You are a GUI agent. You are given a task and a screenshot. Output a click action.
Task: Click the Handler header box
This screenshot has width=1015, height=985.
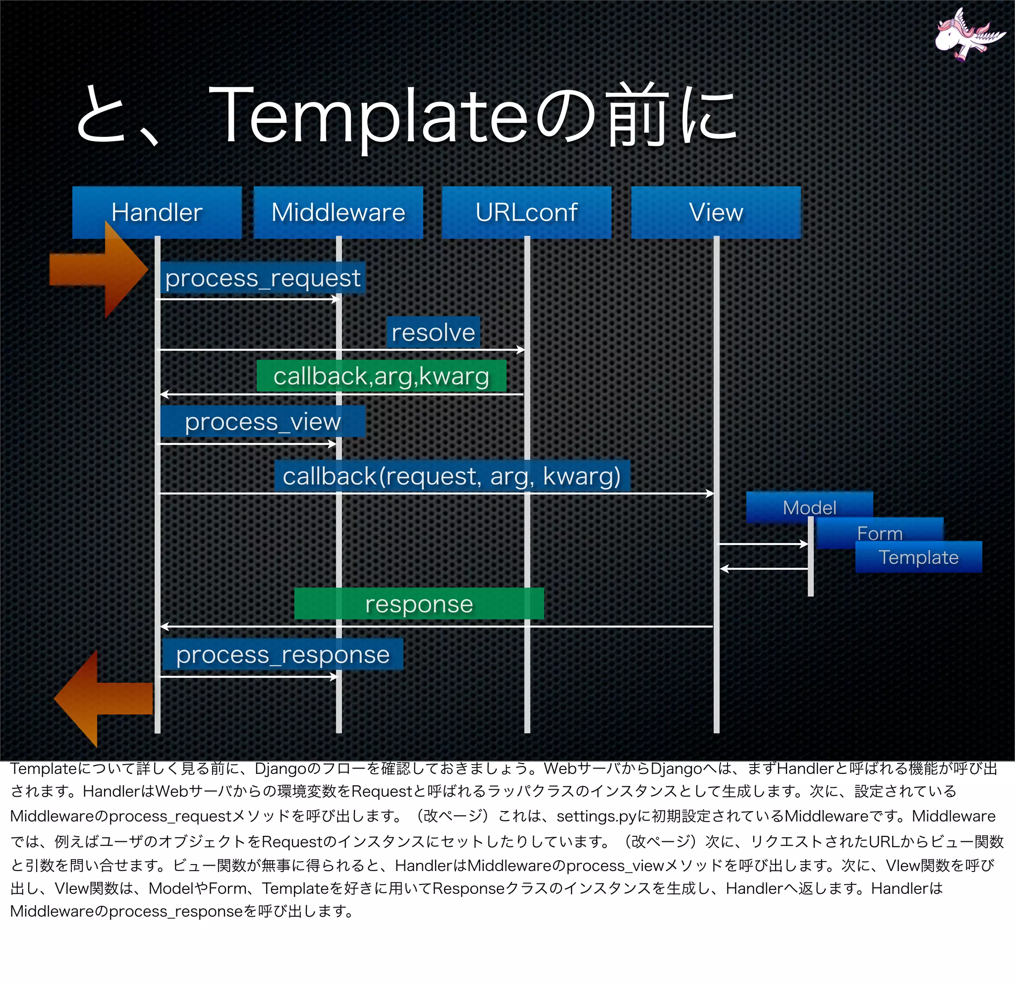point(157,212)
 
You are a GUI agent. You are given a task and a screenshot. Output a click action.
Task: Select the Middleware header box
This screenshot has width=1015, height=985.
point(338,212)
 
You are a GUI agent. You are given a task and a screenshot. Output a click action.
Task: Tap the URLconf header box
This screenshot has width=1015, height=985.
point(526,212)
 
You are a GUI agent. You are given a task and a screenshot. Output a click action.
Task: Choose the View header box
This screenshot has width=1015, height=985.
point(716,212)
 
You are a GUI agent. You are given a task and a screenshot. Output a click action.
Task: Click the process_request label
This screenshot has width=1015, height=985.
point(263,278)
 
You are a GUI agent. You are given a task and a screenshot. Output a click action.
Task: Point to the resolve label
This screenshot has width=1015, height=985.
point(434,332)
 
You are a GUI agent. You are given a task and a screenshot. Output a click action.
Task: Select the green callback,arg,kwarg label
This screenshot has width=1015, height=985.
point(381,376)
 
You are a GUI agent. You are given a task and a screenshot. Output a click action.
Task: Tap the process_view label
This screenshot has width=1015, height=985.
point(263,421)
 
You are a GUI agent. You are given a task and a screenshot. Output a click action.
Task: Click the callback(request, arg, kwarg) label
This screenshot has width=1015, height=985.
point(451,476)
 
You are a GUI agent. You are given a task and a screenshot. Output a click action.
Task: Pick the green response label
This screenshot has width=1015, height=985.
point(419,603)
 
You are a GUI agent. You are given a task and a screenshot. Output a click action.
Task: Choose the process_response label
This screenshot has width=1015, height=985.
point(283,654)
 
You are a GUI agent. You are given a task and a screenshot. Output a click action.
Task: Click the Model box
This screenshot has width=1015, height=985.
point(809,507)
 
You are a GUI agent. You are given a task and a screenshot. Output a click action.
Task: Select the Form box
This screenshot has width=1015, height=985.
point(879,533)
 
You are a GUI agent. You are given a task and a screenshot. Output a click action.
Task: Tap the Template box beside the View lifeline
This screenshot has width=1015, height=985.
point(918,557)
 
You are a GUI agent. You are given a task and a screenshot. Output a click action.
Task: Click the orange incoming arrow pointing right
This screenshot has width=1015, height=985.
point(99,270)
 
